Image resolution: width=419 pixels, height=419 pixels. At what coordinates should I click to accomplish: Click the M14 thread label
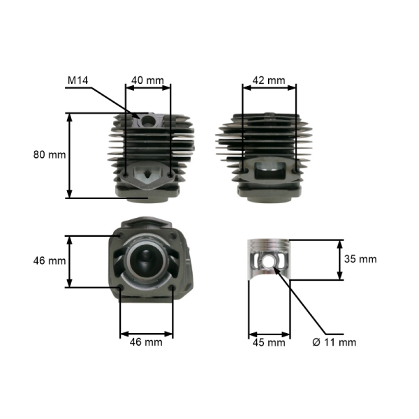tap(78, 80)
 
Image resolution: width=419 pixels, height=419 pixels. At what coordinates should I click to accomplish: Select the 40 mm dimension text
tap(147, 80)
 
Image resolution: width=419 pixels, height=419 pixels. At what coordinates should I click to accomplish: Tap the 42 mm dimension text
tap(268, 80)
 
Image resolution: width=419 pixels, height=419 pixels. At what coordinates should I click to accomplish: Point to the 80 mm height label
tap(49, 154)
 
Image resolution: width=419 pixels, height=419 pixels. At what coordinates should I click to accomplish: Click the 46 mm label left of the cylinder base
tap(49, 260)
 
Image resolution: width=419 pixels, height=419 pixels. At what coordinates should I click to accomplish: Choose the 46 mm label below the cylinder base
tap(146, 342)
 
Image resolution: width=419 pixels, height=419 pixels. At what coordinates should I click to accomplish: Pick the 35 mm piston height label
tap(360, 259)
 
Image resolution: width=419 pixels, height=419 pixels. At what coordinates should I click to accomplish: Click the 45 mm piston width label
tap(268, 342)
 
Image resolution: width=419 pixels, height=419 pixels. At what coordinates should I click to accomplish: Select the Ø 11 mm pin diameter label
tap(334, 342)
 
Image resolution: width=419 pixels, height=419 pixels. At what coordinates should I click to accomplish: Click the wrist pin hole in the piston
tap(269, 263)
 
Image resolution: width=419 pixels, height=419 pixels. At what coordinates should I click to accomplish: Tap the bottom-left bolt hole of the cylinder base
tap(122, 286)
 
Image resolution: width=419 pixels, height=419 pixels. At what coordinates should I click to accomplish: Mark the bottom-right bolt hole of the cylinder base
tap(172, 286)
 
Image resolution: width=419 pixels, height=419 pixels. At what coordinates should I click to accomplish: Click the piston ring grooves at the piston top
tap(269, 246)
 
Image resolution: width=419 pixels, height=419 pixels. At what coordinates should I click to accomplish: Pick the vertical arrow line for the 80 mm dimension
tap(69, 155)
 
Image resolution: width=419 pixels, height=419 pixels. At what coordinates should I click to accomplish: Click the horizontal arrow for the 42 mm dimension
tap(269, 87)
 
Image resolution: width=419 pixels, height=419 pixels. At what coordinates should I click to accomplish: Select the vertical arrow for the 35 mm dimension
tap(340, 260)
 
